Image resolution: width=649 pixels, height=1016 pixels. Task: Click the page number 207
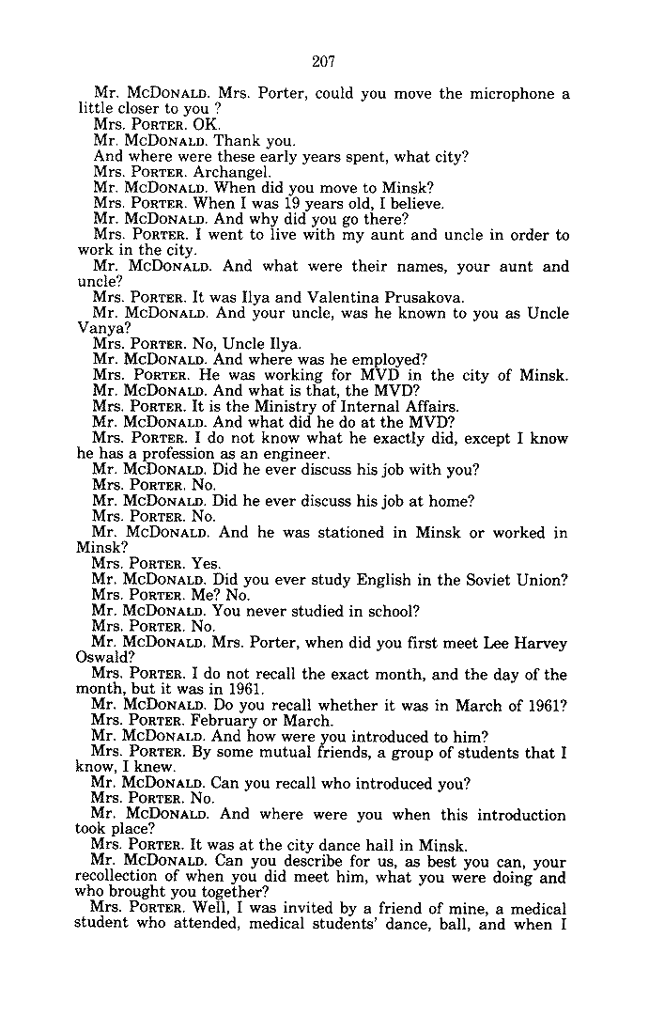pyautogui.click(x=324, y=63)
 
